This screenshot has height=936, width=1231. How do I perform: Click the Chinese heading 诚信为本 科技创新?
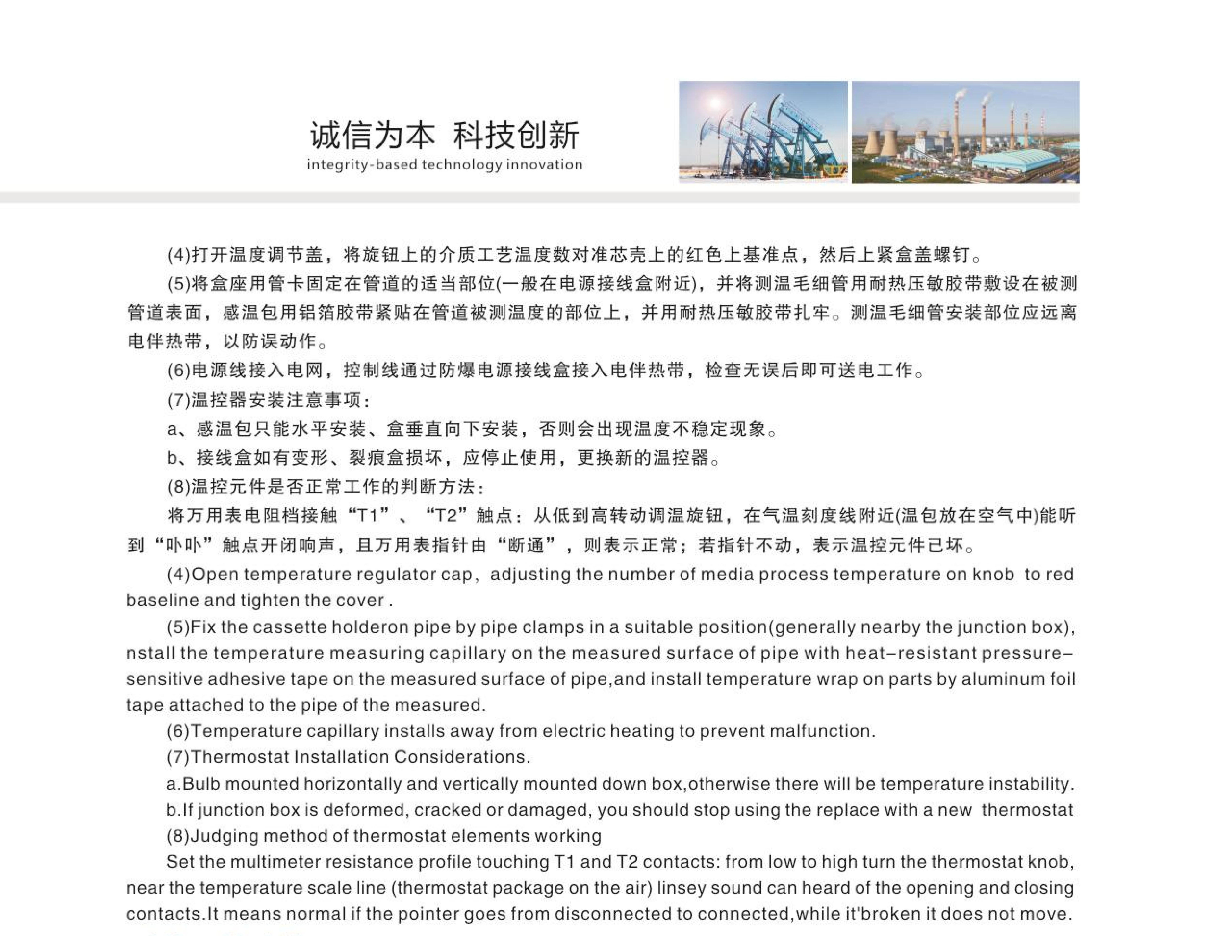point(444,135)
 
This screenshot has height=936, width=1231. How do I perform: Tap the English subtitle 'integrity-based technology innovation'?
point(444,165)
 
